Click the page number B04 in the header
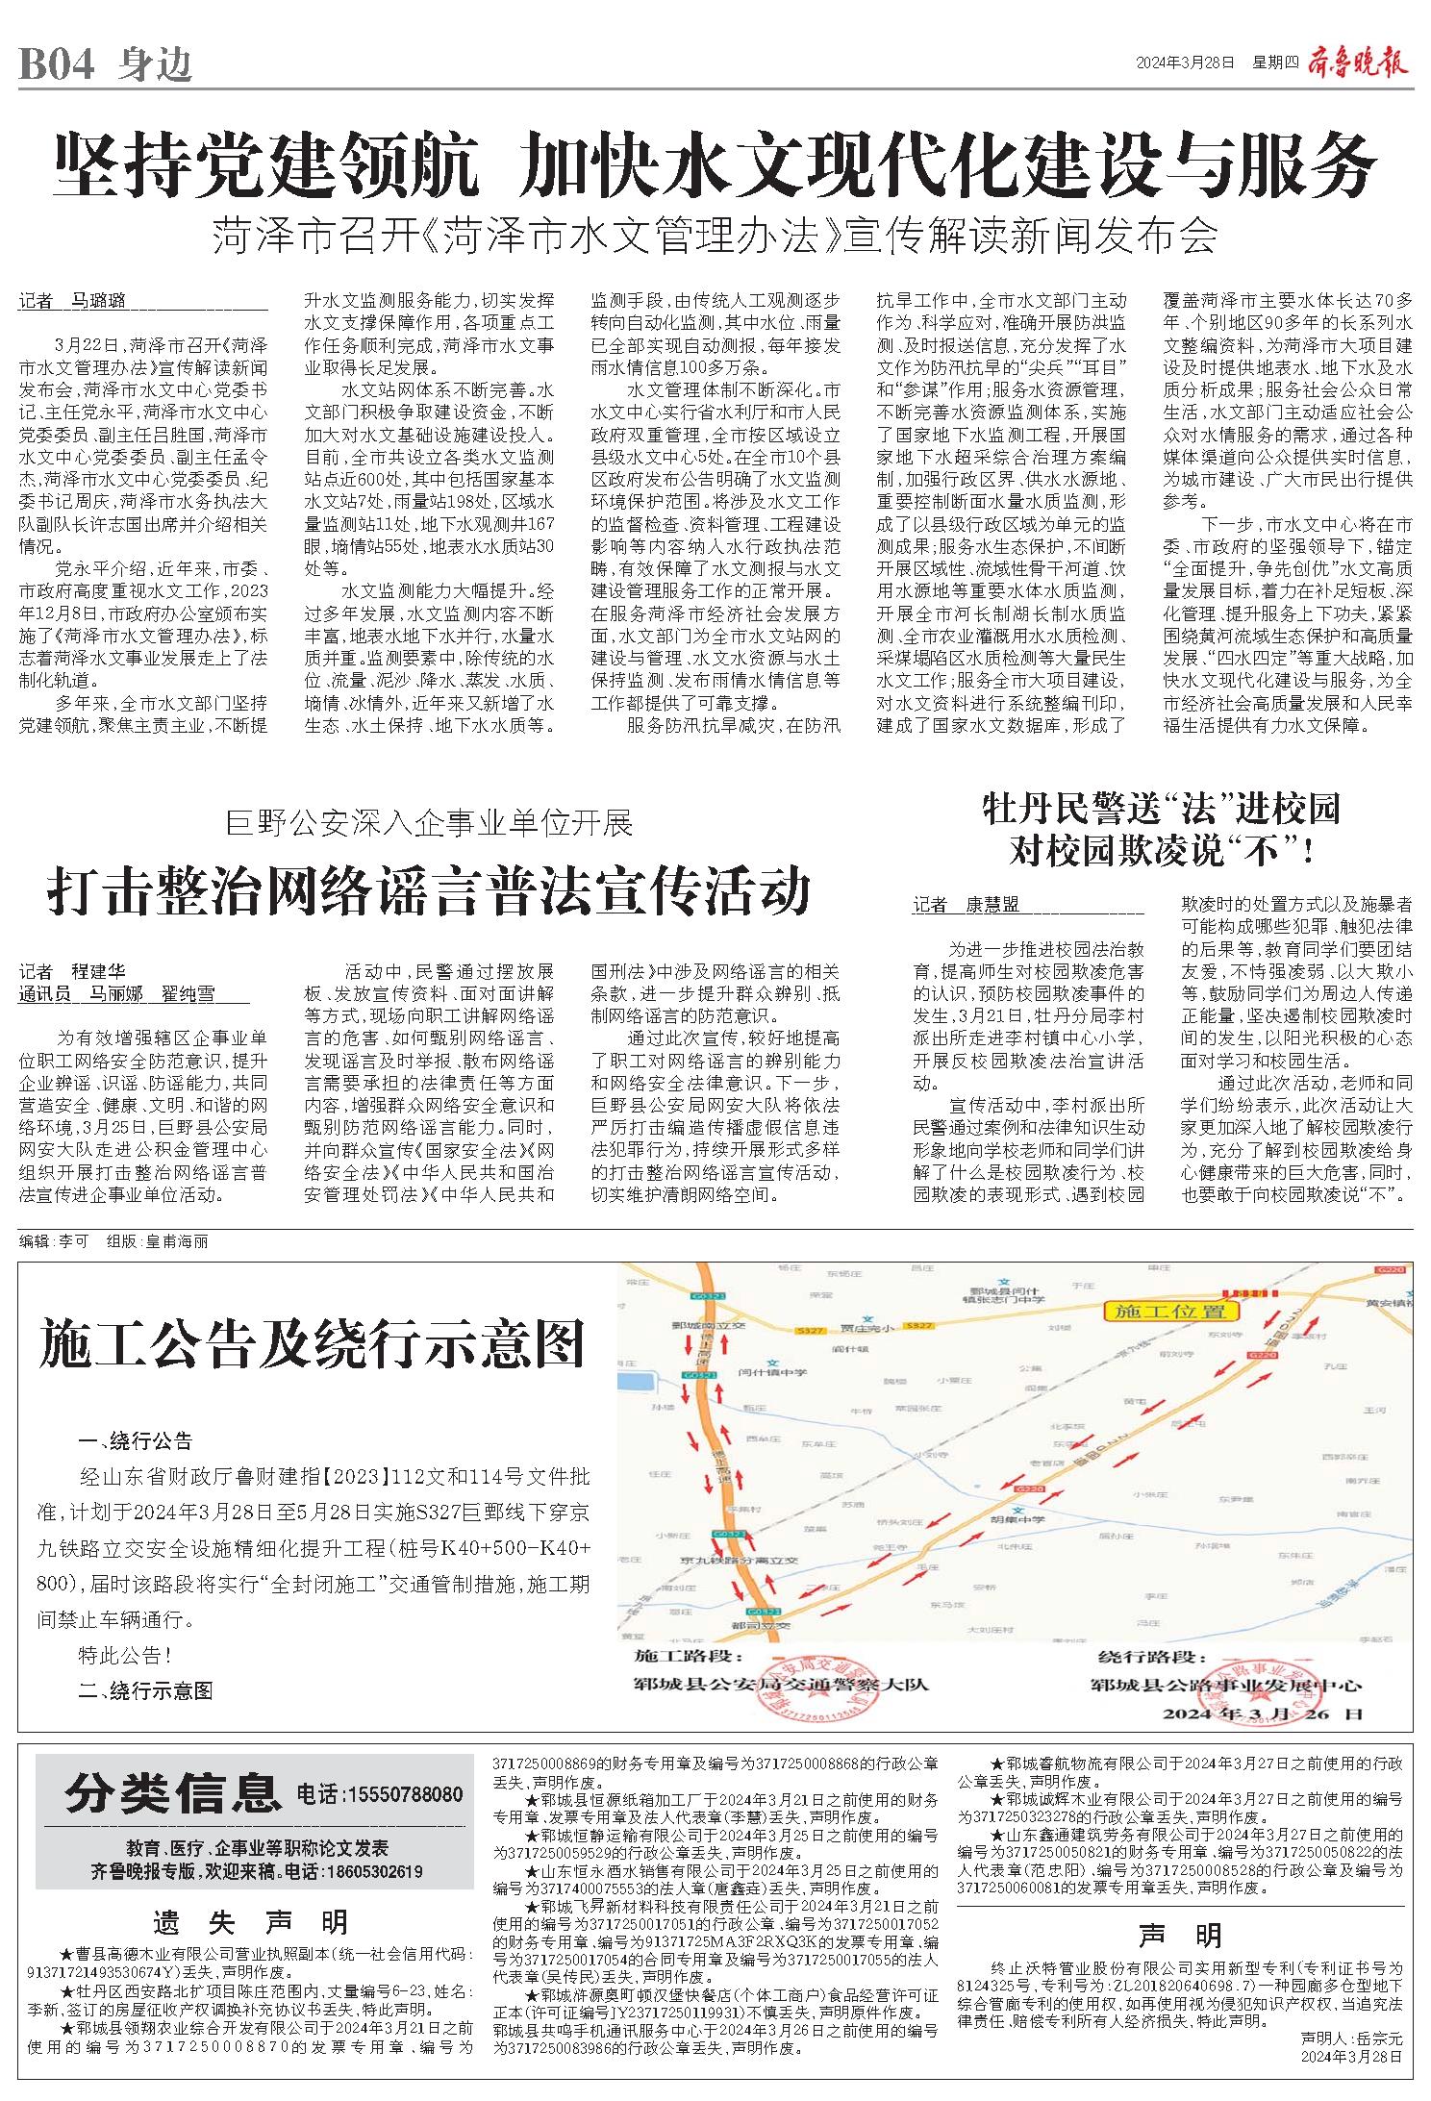pos(56,65)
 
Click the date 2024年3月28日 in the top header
pos(1184,64)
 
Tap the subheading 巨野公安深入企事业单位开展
pos(429,823)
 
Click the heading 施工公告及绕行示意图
pos(313,1344)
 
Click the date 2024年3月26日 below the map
pos(1262,1713)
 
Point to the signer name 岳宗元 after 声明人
pos(1383,2064)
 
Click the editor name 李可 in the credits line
pos(73,1241)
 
